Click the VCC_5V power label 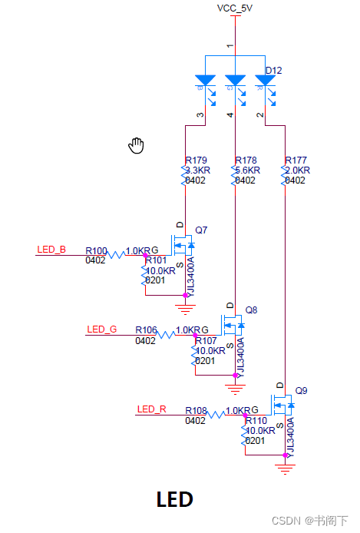click(x=236, y=8)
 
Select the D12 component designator click(x=273, y=71)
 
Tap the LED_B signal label click(x=51, y=250)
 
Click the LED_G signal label click(x=101, y=329)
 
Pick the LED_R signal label click(x=151, y=409)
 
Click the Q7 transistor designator click(x=201, y=230)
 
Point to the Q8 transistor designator click(x=251, y=310)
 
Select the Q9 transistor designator click(x=301, y=390)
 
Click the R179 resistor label click(x=196, y=161)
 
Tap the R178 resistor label click(x=246, y=161)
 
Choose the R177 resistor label click(x=296, y=161)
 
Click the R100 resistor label click(x=96, y=251)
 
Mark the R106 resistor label click(x=146, y=330)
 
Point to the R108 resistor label click(x=196, y=410)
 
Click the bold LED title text click(x=174, y=499)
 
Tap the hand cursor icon click(x=137, y=145)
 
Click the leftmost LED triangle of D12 click(x=205, y=80)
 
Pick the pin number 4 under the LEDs click(x=230, y=115)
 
